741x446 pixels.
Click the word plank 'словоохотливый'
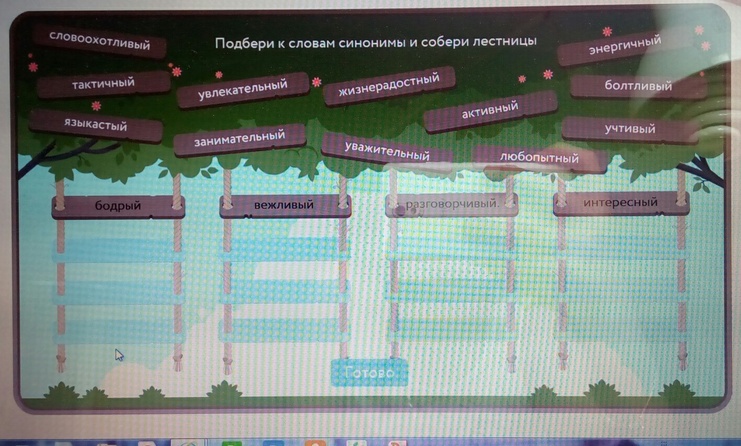tap(99, 40)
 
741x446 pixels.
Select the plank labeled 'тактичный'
tap(103, 83)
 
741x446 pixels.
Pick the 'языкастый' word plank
tap(96, 124)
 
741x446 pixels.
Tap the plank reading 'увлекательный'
tap(242, 89)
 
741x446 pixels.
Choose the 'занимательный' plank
tap(239, 138)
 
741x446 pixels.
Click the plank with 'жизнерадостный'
tap(389, 85)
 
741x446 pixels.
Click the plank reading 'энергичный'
tap(624, 46)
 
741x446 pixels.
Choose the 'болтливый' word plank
tap(638, 85)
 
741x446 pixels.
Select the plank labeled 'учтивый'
tap(630, 129)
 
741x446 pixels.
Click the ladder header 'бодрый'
tap(118, 205)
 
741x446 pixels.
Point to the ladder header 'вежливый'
tap(284, 204)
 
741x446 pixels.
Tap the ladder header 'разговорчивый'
tap(452, 203)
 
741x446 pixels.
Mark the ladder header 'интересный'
tap(620, 202)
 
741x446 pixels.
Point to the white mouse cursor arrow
tap(119, 355)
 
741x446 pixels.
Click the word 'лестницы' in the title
tap(504, 41)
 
